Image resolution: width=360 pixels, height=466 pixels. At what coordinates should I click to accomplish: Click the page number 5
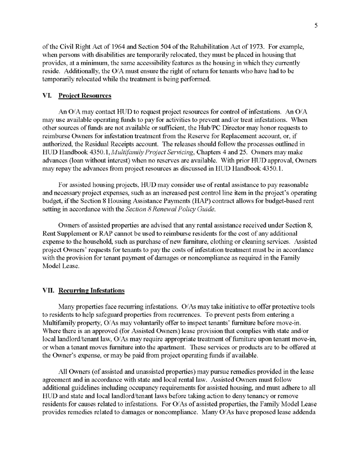pos(316,26)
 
